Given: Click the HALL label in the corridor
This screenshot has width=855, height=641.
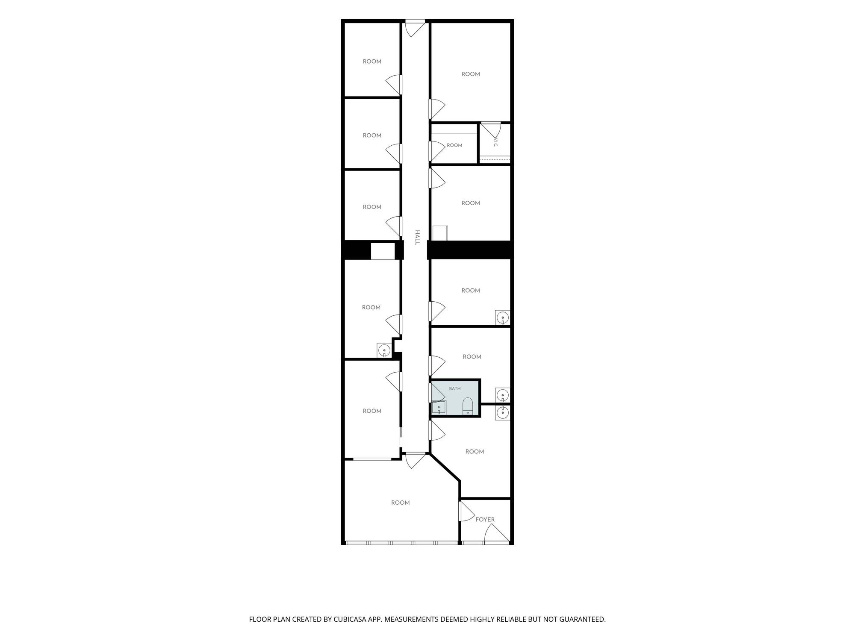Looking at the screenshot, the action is [417, 238].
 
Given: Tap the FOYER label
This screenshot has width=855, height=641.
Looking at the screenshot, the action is [485, 520].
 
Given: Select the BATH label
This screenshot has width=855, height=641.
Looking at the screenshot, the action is [455, 389].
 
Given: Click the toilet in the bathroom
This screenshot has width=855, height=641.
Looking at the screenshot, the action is [468, 406].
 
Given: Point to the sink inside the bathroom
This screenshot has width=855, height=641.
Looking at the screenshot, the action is [439, 408].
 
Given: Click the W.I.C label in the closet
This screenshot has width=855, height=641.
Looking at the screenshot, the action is [495, 142].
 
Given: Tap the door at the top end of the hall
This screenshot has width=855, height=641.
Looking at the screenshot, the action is [415, 28].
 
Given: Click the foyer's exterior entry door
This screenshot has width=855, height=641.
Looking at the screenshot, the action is [497, 534].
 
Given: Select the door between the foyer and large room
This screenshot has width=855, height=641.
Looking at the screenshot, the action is [466, 511].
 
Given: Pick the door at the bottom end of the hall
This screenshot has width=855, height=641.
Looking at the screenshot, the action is [415, 461].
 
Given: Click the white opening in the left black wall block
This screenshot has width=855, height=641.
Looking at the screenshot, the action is [383, 251].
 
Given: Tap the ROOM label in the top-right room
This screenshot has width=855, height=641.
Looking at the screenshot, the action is [471, 74].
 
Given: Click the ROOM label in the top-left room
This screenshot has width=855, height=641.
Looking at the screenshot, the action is [372, 62].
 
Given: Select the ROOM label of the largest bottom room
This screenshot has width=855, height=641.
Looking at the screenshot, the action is [401, 503].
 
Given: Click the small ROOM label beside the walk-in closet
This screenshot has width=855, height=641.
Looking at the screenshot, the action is [454, 145].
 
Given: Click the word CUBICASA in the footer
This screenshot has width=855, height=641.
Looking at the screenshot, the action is [349, 619].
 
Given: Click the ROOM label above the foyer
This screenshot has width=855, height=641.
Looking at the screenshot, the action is [475, 452].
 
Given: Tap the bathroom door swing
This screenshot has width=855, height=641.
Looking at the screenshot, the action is [437, 392].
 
